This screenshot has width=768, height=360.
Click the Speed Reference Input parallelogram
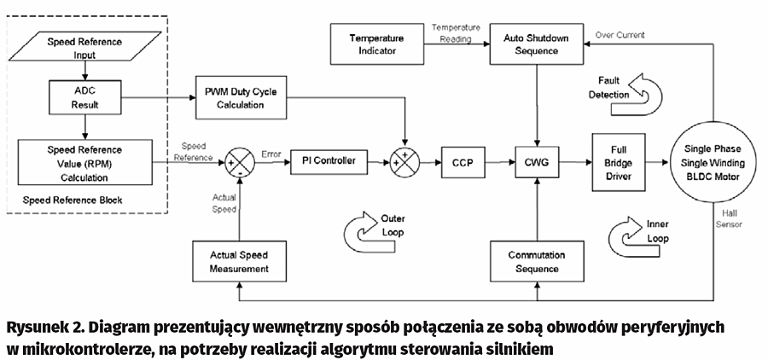(x=84, y=48)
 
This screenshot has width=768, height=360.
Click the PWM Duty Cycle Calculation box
(x=241, y=98)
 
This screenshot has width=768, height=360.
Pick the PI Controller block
(x=329, y=160)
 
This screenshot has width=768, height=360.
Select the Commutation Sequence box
(x=536, y=262)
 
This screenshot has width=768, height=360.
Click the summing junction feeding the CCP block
(x=404, y=160)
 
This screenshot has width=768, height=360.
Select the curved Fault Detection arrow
(x=643, y=91)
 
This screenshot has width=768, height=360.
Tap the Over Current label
(x=620, y=35)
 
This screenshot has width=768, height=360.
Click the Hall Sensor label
(x=730, y=220)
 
